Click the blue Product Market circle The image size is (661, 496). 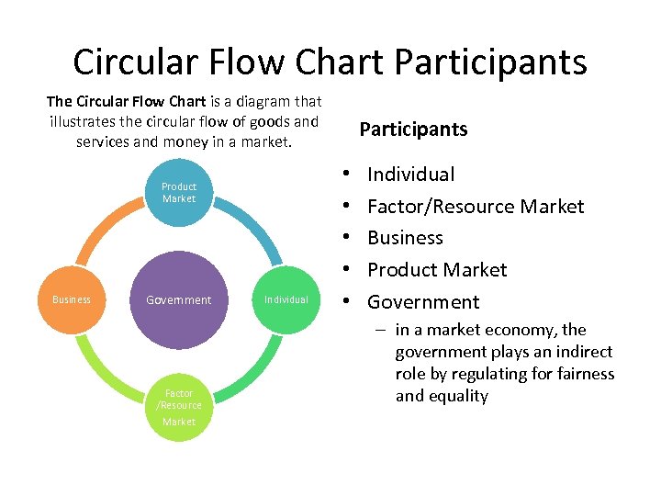click(179, 192)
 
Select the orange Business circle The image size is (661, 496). click(72, 299)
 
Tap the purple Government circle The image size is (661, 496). click(179, 299)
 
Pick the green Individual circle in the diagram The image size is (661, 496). click(286, 299)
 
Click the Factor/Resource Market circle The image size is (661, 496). click(179, 407)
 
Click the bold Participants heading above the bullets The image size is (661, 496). click(413, 130)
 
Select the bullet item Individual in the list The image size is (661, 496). click(410, 175)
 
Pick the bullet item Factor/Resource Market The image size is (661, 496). click(476, 207)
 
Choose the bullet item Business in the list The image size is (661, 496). click(405, 238)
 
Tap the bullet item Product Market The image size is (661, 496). click(437, 270)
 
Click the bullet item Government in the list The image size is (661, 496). click(423, 302)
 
